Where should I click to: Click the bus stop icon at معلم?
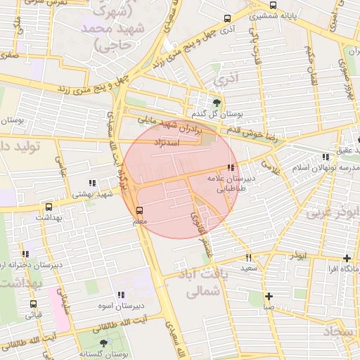[139, 210]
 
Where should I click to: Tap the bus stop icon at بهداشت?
[49, 207]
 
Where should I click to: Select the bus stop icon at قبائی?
[33, 304]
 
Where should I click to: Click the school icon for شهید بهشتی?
[92, 183]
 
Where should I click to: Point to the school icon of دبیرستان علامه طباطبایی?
[231, 167]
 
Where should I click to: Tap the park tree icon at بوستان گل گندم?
[216, 103]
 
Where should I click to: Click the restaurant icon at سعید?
[248, 257]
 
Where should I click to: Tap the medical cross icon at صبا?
[269, 296]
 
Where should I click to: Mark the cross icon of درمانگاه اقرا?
[346, 258]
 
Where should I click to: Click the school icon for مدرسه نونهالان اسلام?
[324, 157]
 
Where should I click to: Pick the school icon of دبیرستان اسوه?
[120, 295]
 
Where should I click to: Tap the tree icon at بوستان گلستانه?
[104, 342]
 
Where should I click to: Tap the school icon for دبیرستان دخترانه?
[26, 254]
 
